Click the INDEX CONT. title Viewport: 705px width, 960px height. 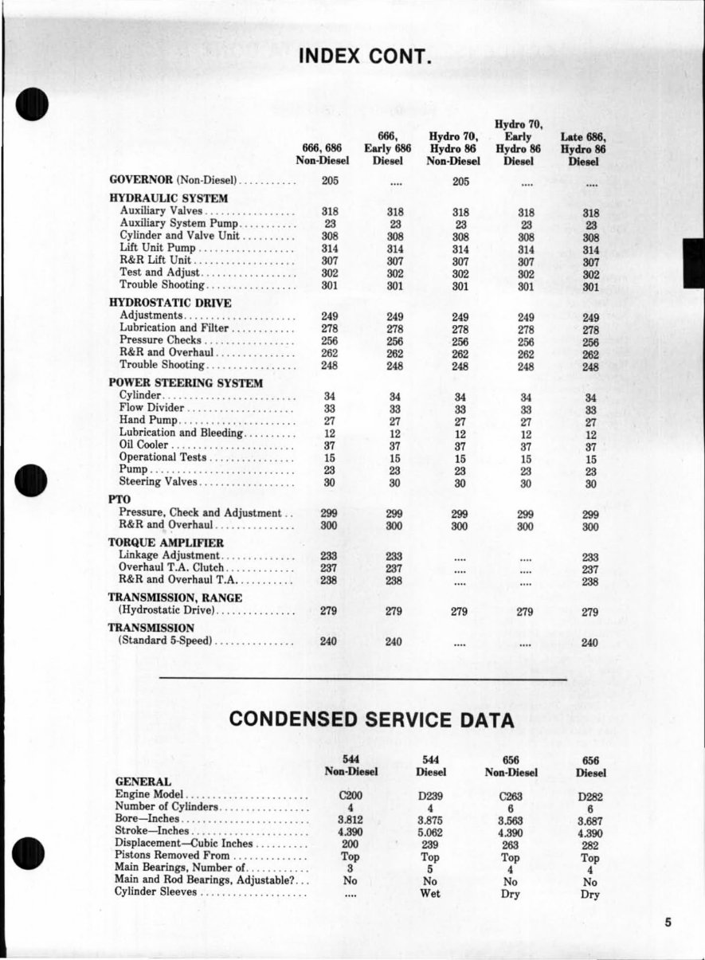(365, 57)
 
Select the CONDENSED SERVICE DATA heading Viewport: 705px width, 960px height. (371, 720)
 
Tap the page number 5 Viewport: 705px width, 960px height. (668, 923)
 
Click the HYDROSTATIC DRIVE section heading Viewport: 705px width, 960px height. (170, 303)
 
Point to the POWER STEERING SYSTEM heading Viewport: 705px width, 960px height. (186, 382)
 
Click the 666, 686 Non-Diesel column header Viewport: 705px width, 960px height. (323, 155)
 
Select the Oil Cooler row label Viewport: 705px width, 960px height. (143, 445)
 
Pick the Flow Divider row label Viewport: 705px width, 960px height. (151, 408)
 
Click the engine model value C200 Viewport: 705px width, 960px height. (351, 795)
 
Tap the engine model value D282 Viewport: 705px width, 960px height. (590, 795)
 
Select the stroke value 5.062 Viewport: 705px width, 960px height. (430, 833)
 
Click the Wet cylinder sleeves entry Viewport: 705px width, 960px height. (430, 894)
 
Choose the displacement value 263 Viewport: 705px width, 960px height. (511, 844)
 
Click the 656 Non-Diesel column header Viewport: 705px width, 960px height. (511, 766)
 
